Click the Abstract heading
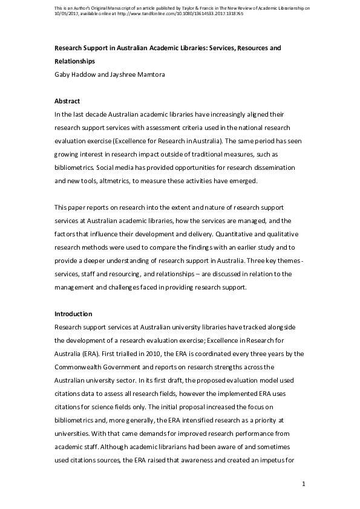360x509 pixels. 67,101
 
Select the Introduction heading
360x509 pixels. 73,314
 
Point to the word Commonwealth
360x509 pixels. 81,366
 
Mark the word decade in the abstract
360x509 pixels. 94,114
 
